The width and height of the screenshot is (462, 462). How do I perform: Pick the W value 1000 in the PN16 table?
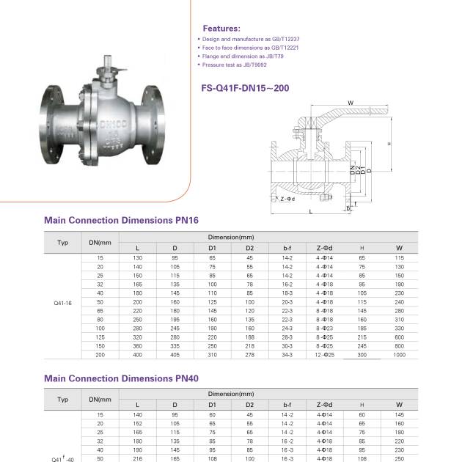[399, 354]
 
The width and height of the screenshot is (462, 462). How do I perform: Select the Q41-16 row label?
[63, 301]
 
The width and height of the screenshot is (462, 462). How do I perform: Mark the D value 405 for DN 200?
[175, 354]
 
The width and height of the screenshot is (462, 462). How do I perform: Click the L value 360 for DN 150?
[137, 345]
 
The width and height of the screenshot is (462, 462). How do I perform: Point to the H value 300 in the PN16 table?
[362, 354]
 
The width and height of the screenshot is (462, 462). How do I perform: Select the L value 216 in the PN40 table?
[137, 460]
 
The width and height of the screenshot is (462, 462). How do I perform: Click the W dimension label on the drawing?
[351, 103]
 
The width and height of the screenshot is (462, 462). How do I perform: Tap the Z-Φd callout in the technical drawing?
[287, 198]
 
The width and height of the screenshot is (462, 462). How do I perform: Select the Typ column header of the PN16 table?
[63, 241]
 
